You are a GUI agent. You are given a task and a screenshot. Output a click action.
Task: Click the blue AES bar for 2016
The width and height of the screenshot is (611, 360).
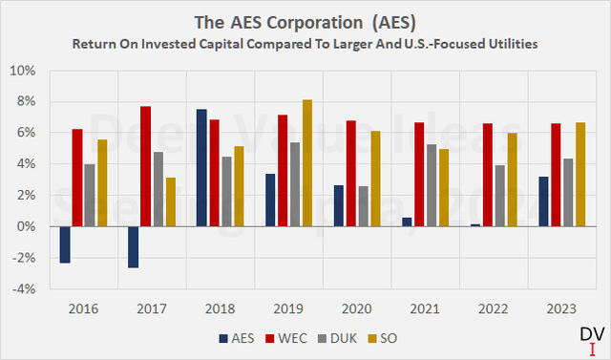[x=65, y=244]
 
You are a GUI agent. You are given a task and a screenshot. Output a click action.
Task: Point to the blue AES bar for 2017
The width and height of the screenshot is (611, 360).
[x=133, y=247]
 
